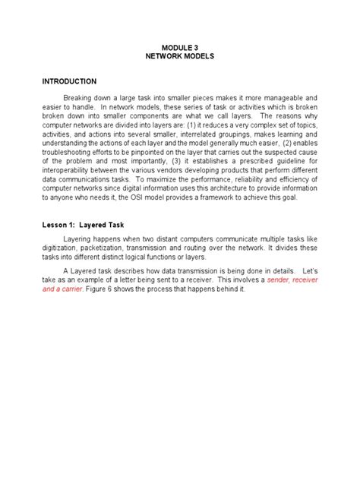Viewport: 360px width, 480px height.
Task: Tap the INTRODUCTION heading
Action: (68, 81)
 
